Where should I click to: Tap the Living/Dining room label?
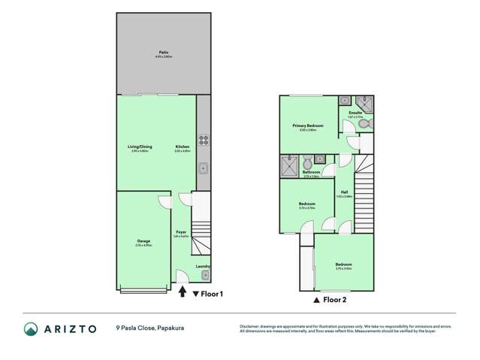coord(140,147)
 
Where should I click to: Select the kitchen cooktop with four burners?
coord(203,140)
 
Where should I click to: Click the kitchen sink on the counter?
coord(203,168)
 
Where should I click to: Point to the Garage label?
coord(143,241)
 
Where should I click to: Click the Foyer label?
coord(181,232)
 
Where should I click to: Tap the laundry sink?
coord(204,275)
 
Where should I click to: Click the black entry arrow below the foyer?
coord(183,292)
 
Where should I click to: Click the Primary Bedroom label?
coord(308,126)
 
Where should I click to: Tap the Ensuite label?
coord(355,113)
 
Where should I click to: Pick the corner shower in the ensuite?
coord(364,101)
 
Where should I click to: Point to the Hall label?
coord(345,192)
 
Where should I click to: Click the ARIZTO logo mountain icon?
coord(31,328)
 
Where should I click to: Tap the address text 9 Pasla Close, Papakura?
coord(151,328)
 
